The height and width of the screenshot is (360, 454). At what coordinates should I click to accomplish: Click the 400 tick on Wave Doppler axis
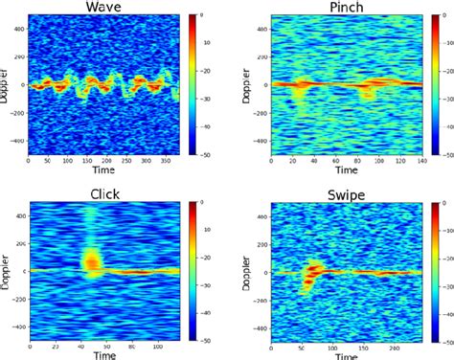click(21, 28)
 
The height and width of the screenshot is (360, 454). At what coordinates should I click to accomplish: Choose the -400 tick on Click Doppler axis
click(19, 326)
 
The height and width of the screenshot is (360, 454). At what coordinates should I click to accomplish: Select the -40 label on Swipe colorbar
click(442, 312)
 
